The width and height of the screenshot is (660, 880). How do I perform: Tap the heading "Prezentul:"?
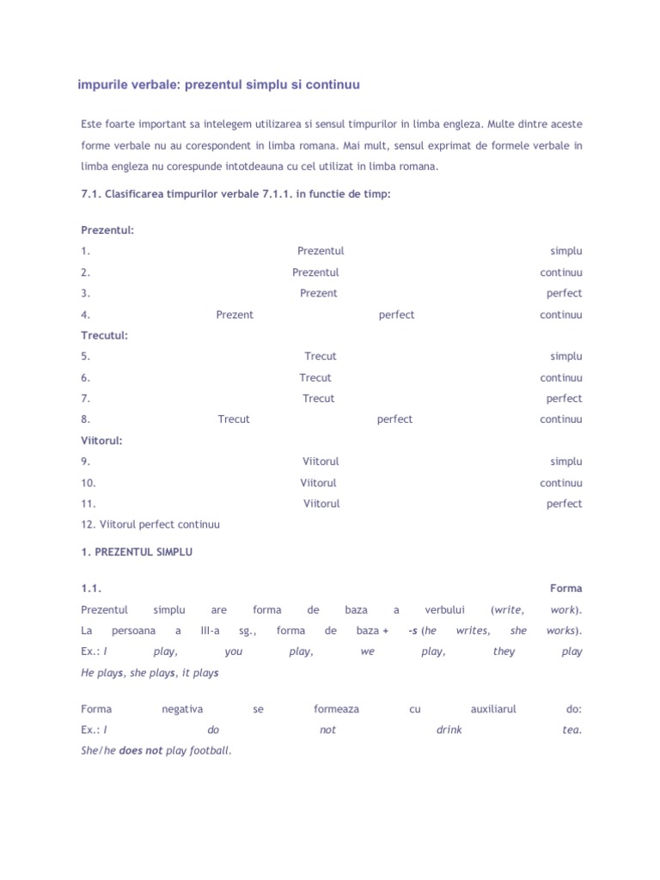pos(107,230)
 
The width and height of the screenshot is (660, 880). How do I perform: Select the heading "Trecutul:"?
pos(104,335)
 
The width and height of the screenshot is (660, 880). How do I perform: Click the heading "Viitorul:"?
pos(101,440)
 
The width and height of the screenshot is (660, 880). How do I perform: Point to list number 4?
pos(85,315)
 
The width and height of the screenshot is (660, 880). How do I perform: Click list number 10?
pos(88,483)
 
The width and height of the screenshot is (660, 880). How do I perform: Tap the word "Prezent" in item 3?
pos(318,293)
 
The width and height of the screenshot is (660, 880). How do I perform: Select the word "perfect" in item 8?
pos(394,419)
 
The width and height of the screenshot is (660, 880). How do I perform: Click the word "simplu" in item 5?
pos(565,356)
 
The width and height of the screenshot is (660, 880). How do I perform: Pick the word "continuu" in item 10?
pos(560,483)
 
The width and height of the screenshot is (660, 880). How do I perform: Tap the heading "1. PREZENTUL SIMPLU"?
pos(137,553)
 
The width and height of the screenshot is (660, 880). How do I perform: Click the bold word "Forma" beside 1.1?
pos(565,589)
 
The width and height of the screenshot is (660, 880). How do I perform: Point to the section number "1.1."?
pos(91,589)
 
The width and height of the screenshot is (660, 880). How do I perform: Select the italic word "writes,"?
pos(473,631)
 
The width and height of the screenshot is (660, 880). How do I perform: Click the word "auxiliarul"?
pos(493,709)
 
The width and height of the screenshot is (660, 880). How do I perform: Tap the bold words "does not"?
pos(141,750)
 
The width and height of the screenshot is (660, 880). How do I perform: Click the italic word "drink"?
pos(449,730)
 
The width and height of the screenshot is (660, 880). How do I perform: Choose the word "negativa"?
pos(182,709)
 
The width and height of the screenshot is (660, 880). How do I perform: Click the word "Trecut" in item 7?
pos(318,398)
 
